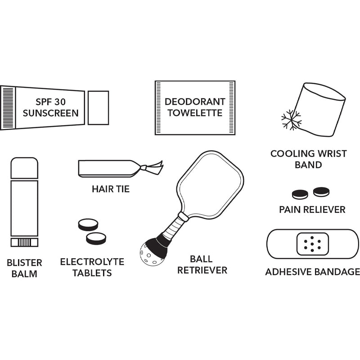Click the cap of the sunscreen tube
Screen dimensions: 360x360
pyautogui.click(x=98, y=108)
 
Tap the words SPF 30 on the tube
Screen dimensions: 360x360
pyautogui.click(x=50, y=102)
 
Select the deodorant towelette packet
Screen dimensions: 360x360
pyautogui.click(x=195, y=108)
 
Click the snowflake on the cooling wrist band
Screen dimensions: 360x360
pyautogui.click(x=291, y=120)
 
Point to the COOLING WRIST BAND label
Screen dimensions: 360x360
pyautogui.click(x=308, y=159)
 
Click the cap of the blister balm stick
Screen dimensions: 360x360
pyautogui.click(x=24, y=168)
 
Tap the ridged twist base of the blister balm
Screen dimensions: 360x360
pyautogui.click(x=24, y=242)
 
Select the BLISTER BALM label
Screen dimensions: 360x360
pyautogui.click(x=24, y=268)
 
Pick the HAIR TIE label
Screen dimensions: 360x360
pyautogui.click(x=111, y=189)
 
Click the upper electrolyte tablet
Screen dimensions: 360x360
pyautogui.click(x=88, y=225)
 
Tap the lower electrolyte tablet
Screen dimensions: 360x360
pyautogui.click(x=96, y=238)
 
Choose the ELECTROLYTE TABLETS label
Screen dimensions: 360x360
pyautogui.click(x=92, y=267)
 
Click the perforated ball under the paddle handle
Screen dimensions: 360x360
pyautogui.click(x=148, y=254)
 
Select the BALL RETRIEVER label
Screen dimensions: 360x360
pyautogui.click(x=202, y=265)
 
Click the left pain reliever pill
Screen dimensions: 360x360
pyautogui.click(x=300, y=194)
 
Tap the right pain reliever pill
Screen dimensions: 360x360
pyautogui.click(x=321, y=192)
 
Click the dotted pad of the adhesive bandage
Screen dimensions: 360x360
pyautogui.click(x=312, y=244)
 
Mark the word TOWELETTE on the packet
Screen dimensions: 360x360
pyautogui.click(x=195, y=113)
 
